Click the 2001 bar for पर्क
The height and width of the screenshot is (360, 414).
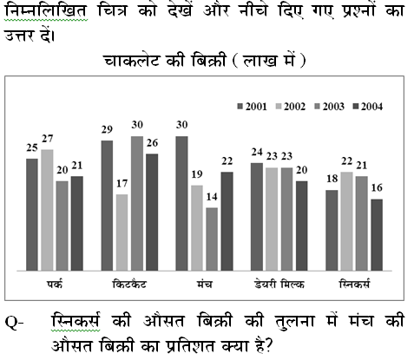coord(32,214)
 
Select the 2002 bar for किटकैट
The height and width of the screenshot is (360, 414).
coord(122,232)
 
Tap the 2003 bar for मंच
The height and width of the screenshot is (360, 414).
coord(212,239)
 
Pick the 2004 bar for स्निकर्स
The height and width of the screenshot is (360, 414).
coord(377,235)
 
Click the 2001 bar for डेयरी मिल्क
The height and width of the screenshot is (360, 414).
coord(257,217)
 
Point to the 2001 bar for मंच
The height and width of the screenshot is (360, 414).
coord(181,204)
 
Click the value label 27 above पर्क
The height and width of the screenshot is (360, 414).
coord(48,139)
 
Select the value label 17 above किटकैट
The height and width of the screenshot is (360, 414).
coord(122,184)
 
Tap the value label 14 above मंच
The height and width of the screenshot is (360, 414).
coord(212,197)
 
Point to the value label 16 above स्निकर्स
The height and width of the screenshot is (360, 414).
coord(377,188)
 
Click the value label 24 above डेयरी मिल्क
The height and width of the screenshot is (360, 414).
coord(257,152)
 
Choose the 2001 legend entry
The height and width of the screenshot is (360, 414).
coord(252,107)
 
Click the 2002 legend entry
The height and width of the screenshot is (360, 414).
coord(291,107)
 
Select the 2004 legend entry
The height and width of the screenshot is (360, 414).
coord(368,107)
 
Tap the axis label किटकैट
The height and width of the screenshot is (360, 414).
coord(129,285)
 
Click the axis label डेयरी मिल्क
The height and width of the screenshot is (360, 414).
coord(279,285)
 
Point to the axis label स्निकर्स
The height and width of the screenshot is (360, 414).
coord(354,284)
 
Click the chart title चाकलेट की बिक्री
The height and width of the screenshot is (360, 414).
coord(164,61)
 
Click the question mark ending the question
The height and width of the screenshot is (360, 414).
coord(267,345)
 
